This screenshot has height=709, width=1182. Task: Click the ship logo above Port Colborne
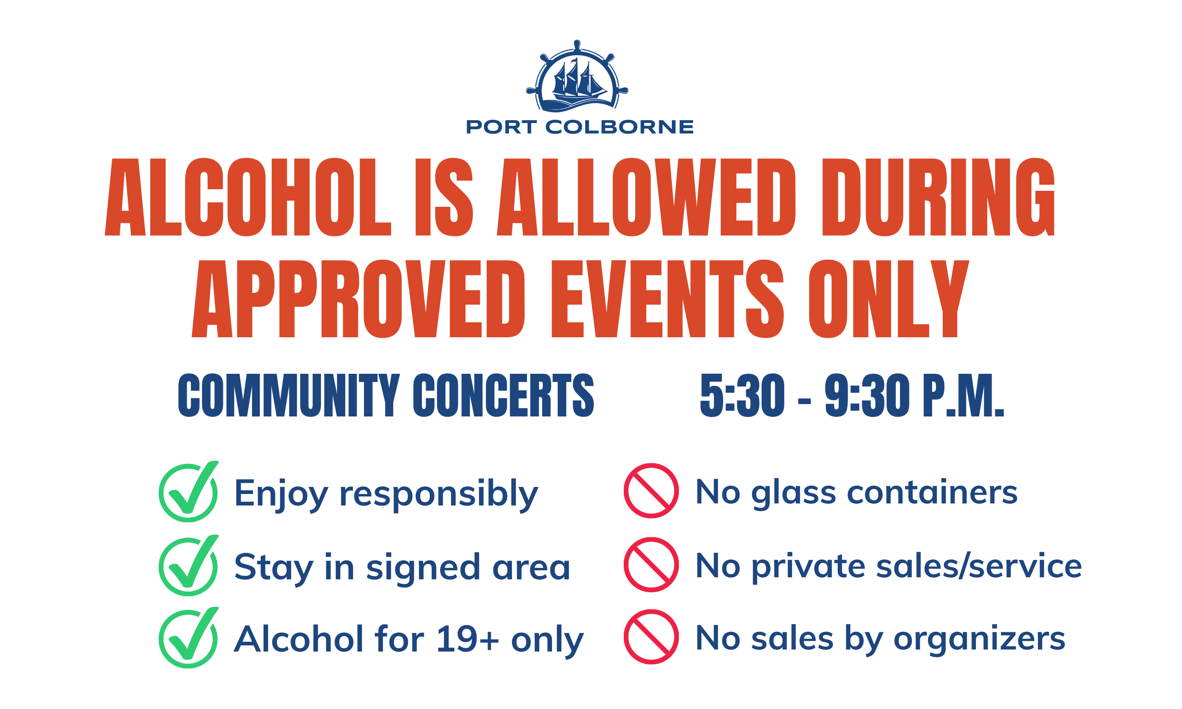click(577, 76)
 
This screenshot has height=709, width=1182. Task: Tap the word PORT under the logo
click(501, 127)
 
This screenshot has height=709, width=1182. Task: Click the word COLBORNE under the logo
click(619, 127)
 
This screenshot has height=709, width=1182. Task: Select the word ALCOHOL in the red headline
click(247, 197)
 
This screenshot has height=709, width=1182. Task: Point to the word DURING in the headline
click(938, 197)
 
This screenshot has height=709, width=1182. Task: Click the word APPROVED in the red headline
click(358, 299)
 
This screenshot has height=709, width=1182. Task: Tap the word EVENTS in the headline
click(667, 299)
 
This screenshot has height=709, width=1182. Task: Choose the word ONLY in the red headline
click(889, 299)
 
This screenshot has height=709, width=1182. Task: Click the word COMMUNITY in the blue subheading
click(289, 395)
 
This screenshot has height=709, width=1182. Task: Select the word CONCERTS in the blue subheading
click(504, 395)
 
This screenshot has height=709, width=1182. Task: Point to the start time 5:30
click(742, 395)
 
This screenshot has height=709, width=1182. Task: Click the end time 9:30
click(867, 395)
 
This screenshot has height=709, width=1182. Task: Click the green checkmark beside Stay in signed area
click(189, 565)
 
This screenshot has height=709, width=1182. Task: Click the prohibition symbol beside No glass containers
click(651, 491)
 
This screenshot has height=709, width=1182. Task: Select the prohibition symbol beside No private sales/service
click(651, 565)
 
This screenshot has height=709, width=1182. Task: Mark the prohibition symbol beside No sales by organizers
click(651, 637)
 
